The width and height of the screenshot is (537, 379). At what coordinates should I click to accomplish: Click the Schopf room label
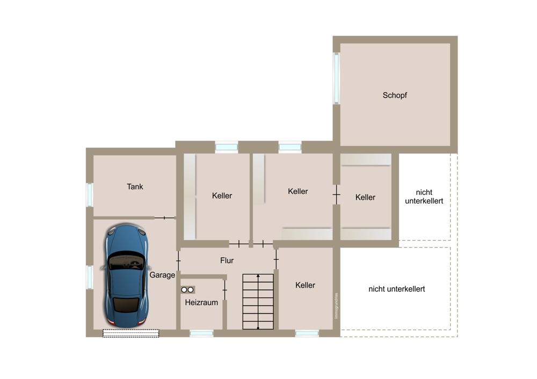coord(395,95)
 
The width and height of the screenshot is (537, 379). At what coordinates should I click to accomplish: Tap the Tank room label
coord(135,187)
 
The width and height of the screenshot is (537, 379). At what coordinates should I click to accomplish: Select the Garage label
coord(162,275)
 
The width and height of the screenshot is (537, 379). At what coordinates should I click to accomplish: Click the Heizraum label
coord(201,302)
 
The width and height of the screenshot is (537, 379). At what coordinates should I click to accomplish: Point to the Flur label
coord(227,260)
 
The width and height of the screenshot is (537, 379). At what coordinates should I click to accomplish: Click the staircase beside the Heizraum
coord(258,301)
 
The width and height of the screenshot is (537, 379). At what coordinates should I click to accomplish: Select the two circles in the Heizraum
coord(187,290)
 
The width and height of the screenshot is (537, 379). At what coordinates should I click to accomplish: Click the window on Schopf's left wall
coord(337,78)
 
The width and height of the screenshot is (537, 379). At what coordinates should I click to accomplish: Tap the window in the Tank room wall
coord(90,195)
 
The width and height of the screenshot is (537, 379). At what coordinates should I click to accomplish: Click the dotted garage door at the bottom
coord(131,333)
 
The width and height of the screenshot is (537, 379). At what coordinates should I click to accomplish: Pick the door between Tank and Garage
coord(165,218)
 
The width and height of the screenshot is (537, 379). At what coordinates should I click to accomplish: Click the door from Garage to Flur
coord(178,261)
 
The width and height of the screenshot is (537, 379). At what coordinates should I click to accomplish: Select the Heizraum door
coord(224,290)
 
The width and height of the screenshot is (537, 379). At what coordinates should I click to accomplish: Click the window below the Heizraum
coord(201,333)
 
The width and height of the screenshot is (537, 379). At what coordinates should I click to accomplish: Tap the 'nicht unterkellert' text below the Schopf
coord(424,196)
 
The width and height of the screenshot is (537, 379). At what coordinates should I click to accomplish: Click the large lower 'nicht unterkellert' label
coord(397,289)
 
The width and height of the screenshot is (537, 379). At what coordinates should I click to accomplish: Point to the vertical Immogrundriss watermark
coord(336,306)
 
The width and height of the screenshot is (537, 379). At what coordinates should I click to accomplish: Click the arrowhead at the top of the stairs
coord(258,275)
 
